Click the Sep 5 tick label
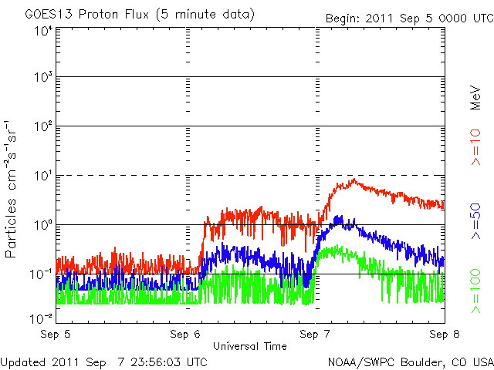click(x=56, y=334)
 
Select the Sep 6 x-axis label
click(x=185, y=334)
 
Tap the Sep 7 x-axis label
click(x=315, y=334)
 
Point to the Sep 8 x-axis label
click(x=445, y=334)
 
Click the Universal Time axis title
click(x=250, y=346)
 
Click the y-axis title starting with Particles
click(x=11, y=189)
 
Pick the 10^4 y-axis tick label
click(x=43, y=32)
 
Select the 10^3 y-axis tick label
click(x=43, y=77)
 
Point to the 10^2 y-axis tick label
click(x=43, y=126)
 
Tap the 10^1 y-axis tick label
click(x=43, y=176)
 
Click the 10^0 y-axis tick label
click(x=43, y=225)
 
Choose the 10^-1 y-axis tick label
click(x=41, y=274)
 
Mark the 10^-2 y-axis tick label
click(x=41, y=319)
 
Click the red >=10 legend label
click(x=475, y=147)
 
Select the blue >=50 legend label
click(x=475, y=221)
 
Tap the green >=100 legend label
click(x=475, y=291)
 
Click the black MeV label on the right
click(x=475, y=98)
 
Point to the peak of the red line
click(x=354, y=179)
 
